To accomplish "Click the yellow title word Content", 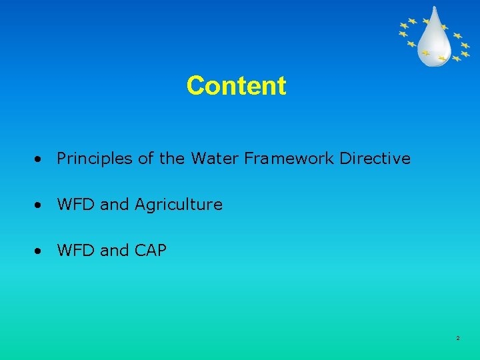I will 237,85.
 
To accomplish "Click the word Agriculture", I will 179,205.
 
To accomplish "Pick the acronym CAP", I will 151,251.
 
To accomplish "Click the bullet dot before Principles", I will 41,160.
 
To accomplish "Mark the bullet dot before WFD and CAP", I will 41,252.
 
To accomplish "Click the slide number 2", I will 458,339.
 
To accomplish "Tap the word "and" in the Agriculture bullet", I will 115,205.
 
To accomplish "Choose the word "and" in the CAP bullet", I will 115,251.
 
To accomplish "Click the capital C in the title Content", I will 195,85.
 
